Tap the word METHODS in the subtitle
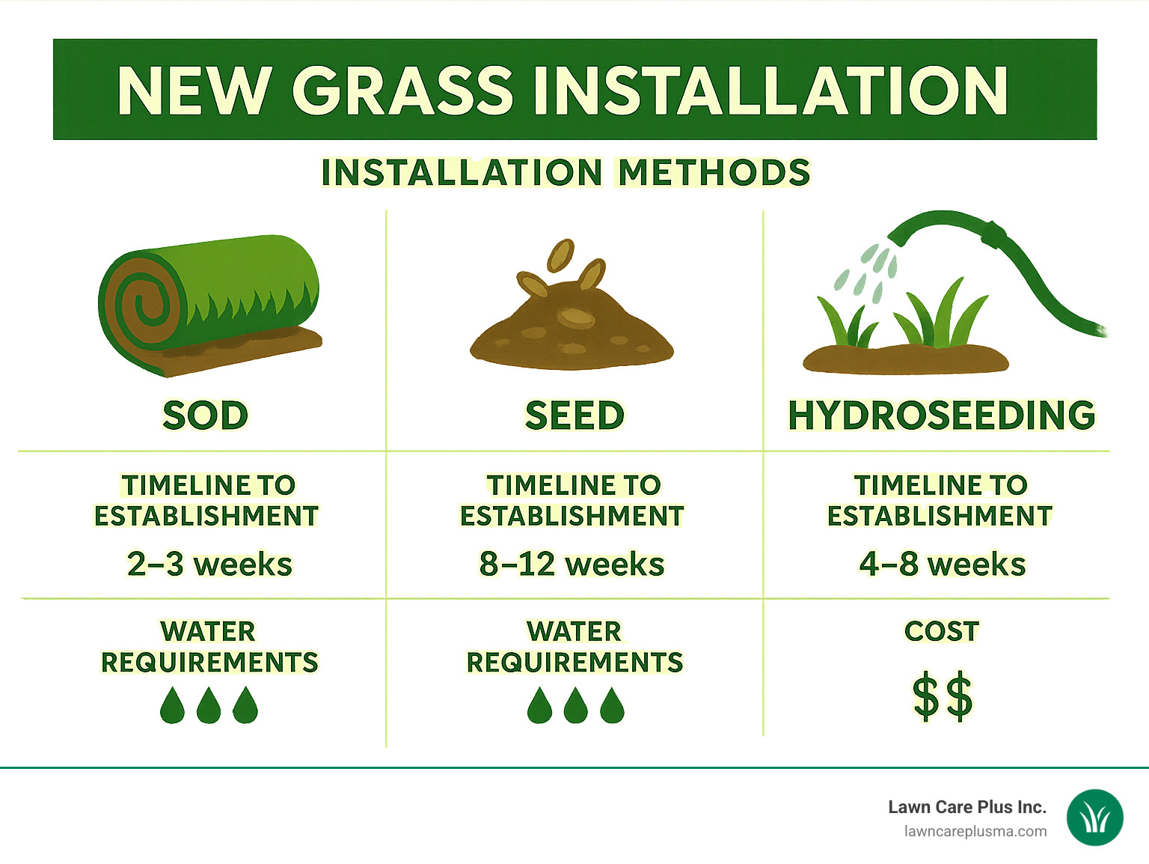[714, 172]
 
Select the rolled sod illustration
[210, 304]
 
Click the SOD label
[205, 416]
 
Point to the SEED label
[574, 416]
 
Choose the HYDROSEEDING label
[941, 416]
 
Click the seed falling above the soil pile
[560, 255]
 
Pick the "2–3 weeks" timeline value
[209, 564]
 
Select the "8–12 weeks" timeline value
[572, 564]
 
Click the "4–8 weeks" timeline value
[942, 564]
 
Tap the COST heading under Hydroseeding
[942, 631]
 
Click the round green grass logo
[1094, 818]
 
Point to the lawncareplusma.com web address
[975, 831]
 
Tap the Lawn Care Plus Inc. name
[966, 807]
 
